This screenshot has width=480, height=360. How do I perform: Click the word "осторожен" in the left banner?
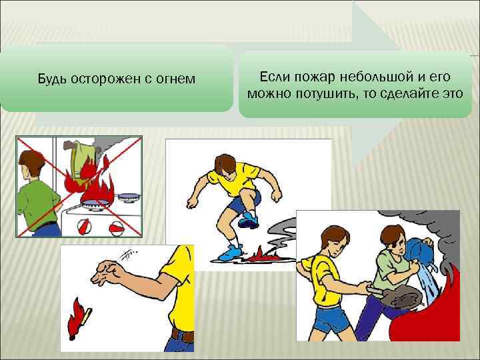pos(106,79)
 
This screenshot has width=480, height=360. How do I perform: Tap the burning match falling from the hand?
pos(79,319)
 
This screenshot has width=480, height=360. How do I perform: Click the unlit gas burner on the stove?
pos(129,197)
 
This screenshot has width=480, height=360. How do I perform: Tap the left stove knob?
pos(83,227)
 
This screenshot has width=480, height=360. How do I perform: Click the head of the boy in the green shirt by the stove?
pos(31,164)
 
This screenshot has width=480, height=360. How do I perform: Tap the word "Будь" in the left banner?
pos(52,79)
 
